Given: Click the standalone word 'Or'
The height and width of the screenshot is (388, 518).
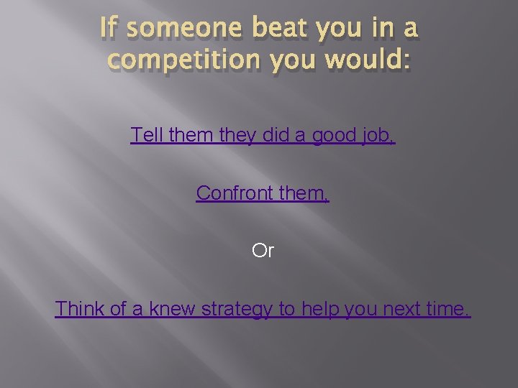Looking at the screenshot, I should click(263, 251).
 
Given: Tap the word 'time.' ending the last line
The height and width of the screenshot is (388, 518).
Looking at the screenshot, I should click(449, 309).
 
